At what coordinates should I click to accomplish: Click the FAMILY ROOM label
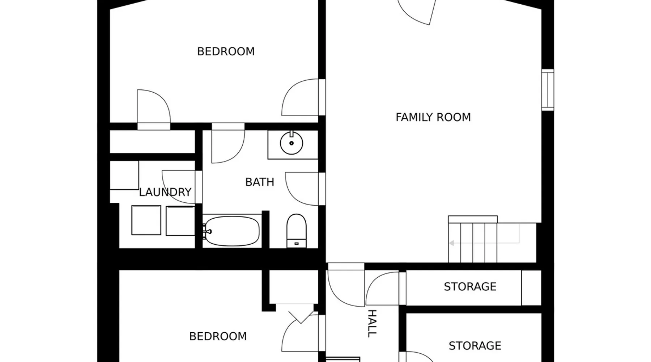click(x=433, y=117)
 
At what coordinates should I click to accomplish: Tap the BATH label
click(x=259, y=182)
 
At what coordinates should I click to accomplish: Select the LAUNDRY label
click(x=165, y=192)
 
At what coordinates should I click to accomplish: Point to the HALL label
click(x=372, y=324)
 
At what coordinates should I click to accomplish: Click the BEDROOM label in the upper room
click(x=226, y=51)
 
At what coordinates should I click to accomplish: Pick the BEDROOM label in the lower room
click(x=218, y=336)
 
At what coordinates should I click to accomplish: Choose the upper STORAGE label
click(x=470, y=287)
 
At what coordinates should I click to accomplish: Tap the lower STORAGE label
click(x=475, y=346)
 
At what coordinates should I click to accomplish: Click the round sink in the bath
click(x=292, y=143)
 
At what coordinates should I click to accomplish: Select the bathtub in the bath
click(x=231, y=231)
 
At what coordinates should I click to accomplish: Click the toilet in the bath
click(x=296, y=231)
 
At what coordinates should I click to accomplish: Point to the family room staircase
click(x=473, y=239)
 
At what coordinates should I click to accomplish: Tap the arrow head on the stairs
click(x=451, y=243)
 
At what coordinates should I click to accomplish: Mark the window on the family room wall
click(x=548, y=90)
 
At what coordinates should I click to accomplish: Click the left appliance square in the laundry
click(x=146, y=220)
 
